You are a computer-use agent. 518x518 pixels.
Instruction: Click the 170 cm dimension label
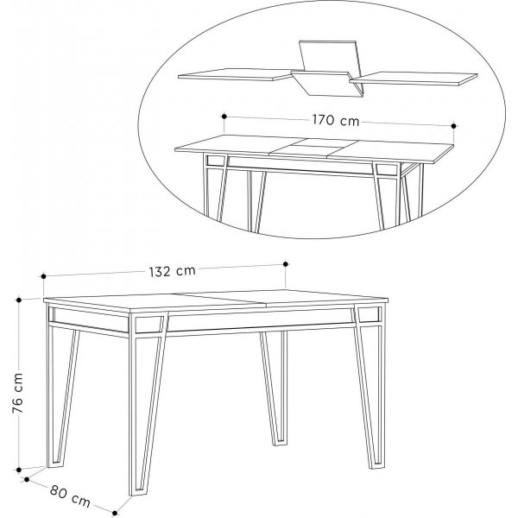tap(337, 120)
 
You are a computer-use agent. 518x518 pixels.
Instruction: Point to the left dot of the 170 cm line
tap(224, 115)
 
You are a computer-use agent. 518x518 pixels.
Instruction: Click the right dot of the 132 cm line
tap(286, 263)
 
